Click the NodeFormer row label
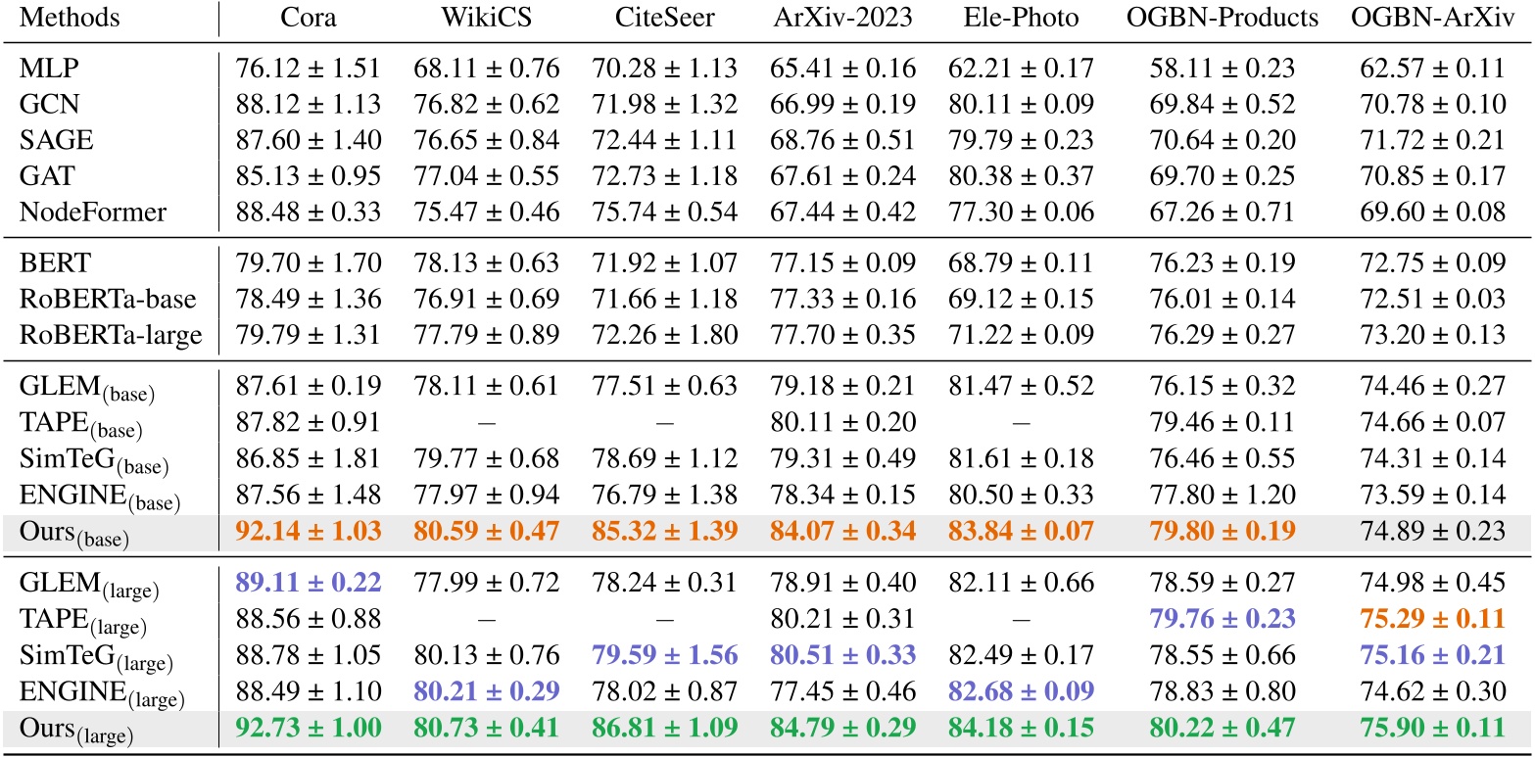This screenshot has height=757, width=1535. [75, 211]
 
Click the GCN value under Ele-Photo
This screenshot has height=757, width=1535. [1022, 105]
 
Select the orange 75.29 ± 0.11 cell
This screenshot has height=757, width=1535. [1432, 620]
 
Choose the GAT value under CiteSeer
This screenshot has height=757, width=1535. [664, 175]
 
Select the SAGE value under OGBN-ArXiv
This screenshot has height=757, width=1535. [1432, 140]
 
